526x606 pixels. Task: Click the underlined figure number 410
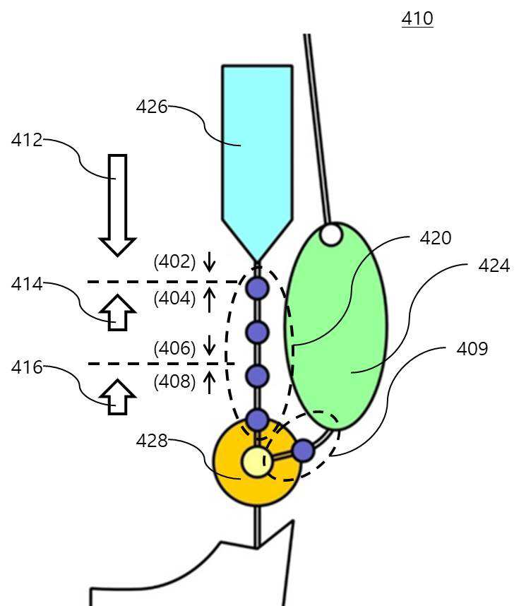[x=417, y=18]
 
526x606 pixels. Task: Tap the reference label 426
[x=152, y=107]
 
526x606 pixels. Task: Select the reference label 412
[x=27, y=140]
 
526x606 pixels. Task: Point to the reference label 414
[x=27, y=284]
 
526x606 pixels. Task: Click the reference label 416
[x=27, y=367]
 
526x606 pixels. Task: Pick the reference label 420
[x=436, y=238]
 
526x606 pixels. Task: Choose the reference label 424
[x=494, y=266]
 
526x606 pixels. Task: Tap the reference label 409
[x=472, y=349]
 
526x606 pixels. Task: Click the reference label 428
[x=152, y=441]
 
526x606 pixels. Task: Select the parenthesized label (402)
[x=174, y=261]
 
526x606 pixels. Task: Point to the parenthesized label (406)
[x=174, y=348]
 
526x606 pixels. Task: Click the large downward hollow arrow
[x=117, y=206]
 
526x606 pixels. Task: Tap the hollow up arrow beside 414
[x=117, y=312]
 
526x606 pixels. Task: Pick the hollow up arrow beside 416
[x=117, y=397]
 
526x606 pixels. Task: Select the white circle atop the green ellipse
[x=331, y=234]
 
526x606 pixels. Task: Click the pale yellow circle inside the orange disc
[x=256, y=462]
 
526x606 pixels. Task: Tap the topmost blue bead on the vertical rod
[x=257, y=288]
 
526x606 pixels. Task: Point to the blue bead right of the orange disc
[x=304, y=451]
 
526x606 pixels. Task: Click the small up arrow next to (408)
[x=209, y=382]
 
